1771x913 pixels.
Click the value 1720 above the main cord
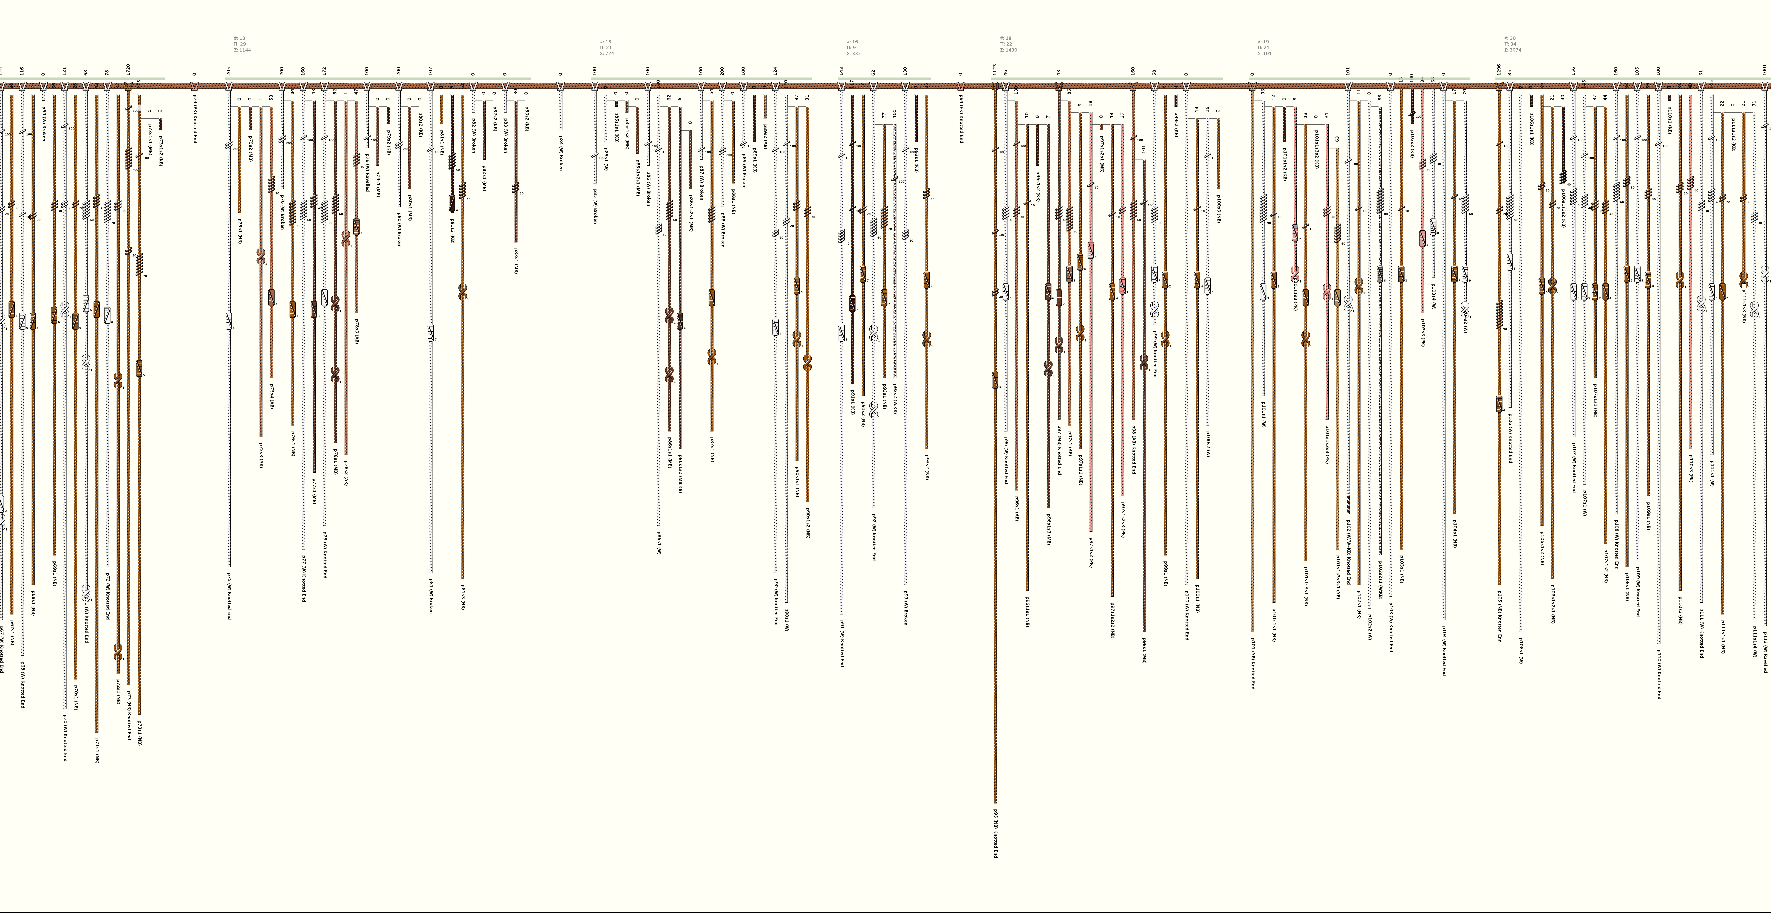(129, 69)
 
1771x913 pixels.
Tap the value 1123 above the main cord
(995, 69)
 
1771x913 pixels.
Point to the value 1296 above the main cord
(1499, 69)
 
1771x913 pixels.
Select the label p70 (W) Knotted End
(65, 738)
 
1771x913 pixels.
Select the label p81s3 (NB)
(463, 596)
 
